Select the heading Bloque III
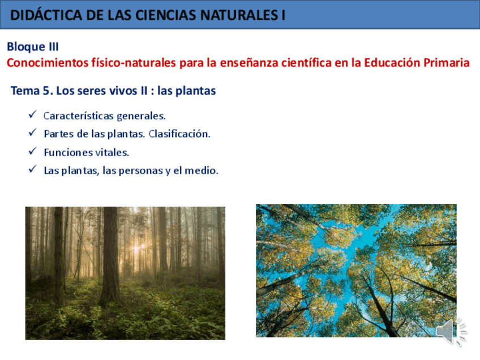[x=33, y=47]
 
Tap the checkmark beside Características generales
[x=32, y=115]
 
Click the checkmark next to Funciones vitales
[x=32, y=152]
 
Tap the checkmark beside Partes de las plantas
[x=32, y=134]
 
